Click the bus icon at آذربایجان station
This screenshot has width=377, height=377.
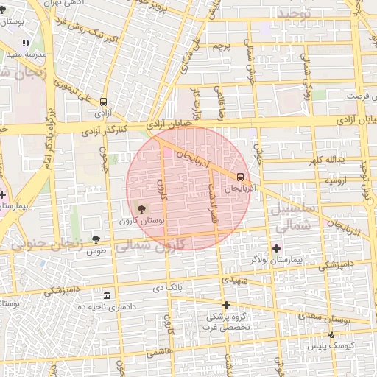click(x=241, y=177)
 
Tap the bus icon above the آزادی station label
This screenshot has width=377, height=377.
click(x=103, y=102)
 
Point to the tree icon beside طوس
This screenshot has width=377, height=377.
click(x=96, y=239)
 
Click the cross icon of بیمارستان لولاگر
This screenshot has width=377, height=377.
click(x=277, y=247)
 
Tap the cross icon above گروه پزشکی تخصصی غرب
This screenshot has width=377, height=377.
click(x=226, y=305)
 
